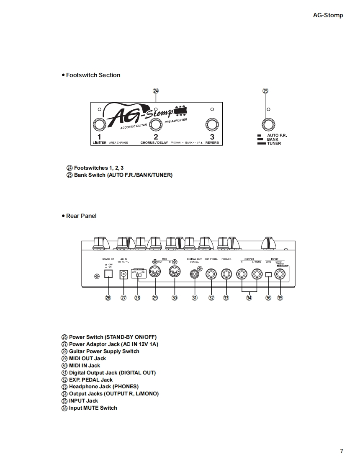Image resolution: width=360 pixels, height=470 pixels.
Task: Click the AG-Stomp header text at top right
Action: [x=328, y=15]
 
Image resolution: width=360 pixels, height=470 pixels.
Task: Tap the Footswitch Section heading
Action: [x=93, y=75]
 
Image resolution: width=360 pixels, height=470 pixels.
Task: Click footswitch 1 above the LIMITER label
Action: [x=99, y=124]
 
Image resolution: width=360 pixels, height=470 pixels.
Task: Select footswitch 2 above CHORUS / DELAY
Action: [x=156, y=124]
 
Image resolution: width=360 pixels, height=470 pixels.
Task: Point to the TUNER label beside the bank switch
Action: [x=274, y=144]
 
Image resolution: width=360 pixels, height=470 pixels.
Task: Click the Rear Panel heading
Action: [x=81, y=216]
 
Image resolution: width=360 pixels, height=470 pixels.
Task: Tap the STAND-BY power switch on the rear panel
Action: [x=108, y=274]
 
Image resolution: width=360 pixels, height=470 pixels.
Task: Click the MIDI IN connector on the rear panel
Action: [x=175, y=272]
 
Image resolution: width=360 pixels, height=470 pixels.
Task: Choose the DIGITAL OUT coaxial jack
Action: [x=194, y=274]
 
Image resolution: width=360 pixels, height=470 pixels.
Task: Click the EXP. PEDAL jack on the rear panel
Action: [x=211, y=274]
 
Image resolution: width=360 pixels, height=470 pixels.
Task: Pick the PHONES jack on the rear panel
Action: [x=226, y=274]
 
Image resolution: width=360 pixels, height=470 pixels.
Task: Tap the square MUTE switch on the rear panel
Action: [x=268, y=275]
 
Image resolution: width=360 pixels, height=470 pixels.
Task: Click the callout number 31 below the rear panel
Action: [x=194, y=298]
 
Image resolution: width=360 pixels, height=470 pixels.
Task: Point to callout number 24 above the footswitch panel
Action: [x=156, y=90]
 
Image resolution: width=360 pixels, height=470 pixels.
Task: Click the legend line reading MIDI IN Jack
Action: [x=84, y=365]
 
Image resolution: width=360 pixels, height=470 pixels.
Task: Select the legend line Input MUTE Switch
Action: [x=93, y=408]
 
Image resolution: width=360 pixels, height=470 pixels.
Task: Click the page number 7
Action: [x=341, y=451]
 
